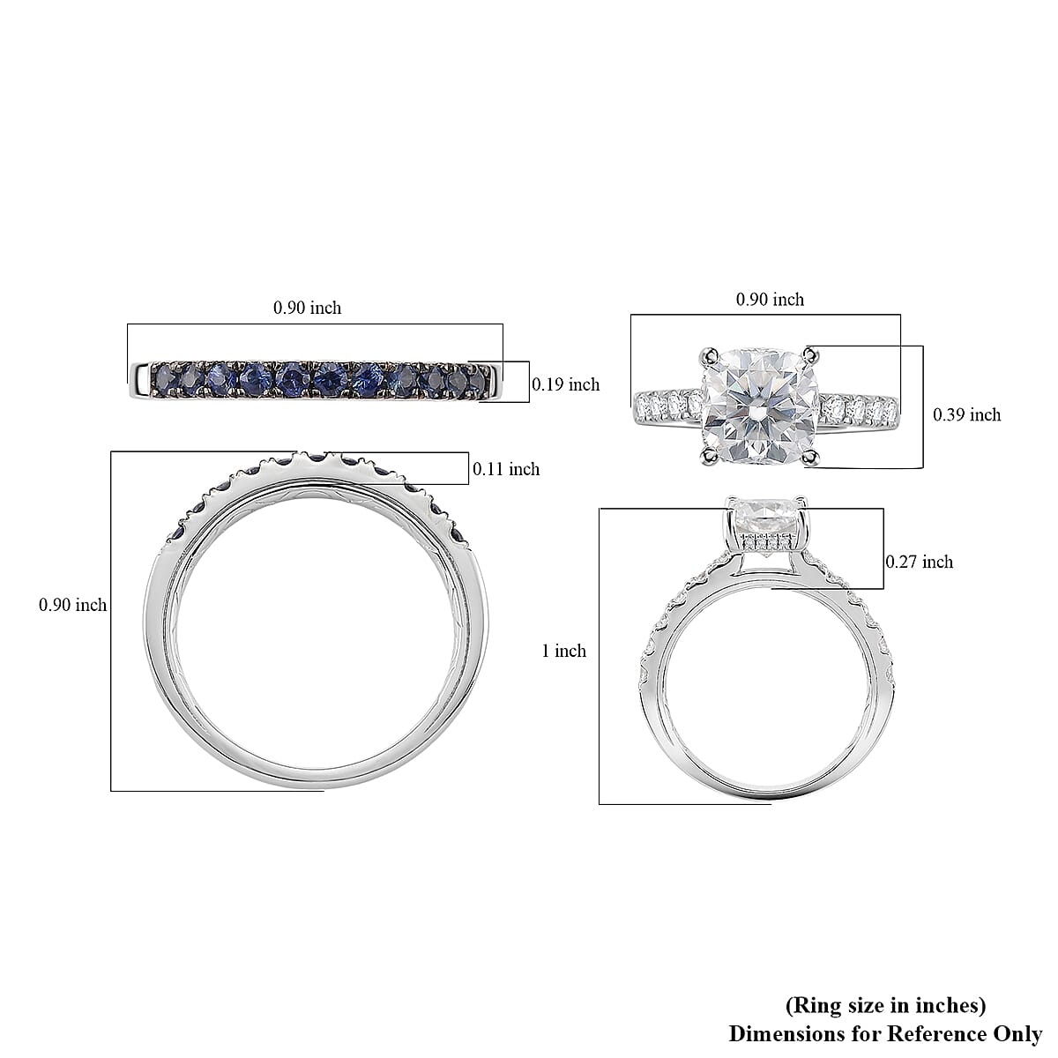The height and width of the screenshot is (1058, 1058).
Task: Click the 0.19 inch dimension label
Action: pos(565,384)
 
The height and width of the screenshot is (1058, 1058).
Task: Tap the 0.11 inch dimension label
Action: pos(505,469)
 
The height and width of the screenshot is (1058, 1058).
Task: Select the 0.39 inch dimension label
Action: pos(966,414)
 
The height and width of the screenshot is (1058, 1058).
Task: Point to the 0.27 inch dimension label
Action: pos(919,562)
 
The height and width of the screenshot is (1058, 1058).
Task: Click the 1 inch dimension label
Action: pos(563,651)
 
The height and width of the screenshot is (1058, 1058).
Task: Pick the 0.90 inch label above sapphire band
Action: pos(307,308)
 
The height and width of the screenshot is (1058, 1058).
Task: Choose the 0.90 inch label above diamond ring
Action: pos(770,300)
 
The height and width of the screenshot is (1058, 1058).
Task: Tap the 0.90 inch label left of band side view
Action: pos(72,605)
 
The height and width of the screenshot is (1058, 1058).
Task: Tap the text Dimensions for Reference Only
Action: pos(885,1033)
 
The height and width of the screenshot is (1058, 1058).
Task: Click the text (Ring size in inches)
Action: pos(884,1005)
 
